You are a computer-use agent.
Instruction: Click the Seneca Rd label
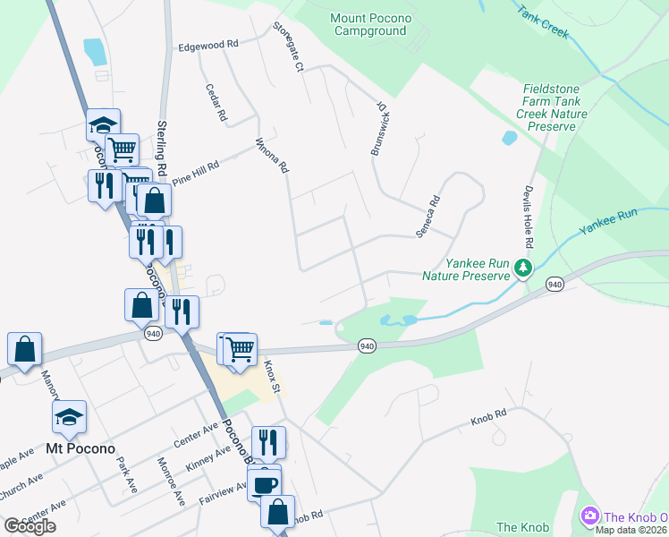click(x=428, y=217)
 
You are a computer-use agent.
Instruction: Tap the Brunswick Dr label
click(x=379, y=131)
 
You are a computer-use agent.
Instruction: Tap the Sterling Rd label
click(x=162, y=148)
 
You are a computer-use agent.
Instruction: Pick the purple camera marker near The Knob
click(x=589, y=516)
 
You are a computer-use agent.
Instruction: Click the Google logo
click(x=30, y=526)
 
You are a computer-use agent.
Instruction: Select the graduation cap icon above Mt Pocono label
click(x=69, y=417)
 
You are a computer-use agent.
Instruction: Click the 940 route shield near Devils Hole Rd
click(x=555, y=285)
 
